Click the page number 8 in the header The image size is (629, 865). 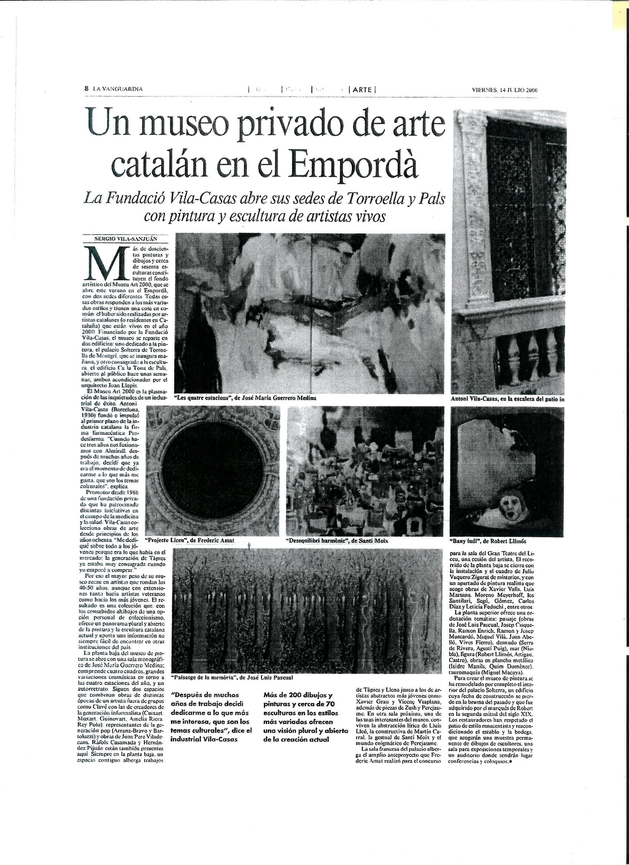[x=87, y=88]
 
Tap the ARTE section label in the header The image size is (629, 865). [x=362, y=90]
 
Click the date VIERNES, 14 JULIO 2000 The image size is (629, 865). [x=504, y=90]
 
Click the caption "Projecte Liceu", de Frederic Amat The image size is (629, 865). [x=189, y=540]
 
